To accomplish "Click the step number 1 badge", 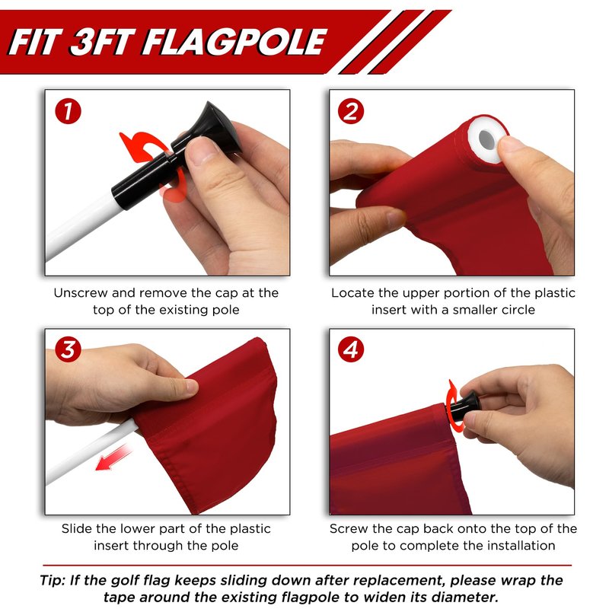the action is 68,112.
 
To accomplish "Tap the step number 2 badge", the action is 351,112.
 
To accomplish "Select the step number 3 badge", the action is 68,349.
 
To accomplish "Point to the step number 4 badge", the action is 351,349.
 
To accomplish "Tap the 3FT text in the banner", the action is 103,42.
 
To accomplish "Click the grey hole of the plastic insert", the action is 486,139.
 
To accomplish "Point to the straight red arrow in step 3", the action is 113,458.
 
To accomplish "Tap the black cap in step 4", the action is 464,407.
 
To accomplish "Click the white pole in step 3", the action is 91,451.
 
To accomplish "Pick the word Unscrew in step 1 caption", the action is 81,293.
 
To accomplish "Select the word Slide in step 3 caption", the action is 77,528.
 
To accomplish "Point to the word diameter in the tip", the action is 465,597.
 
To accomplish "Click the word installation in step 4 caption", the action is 521,546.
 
